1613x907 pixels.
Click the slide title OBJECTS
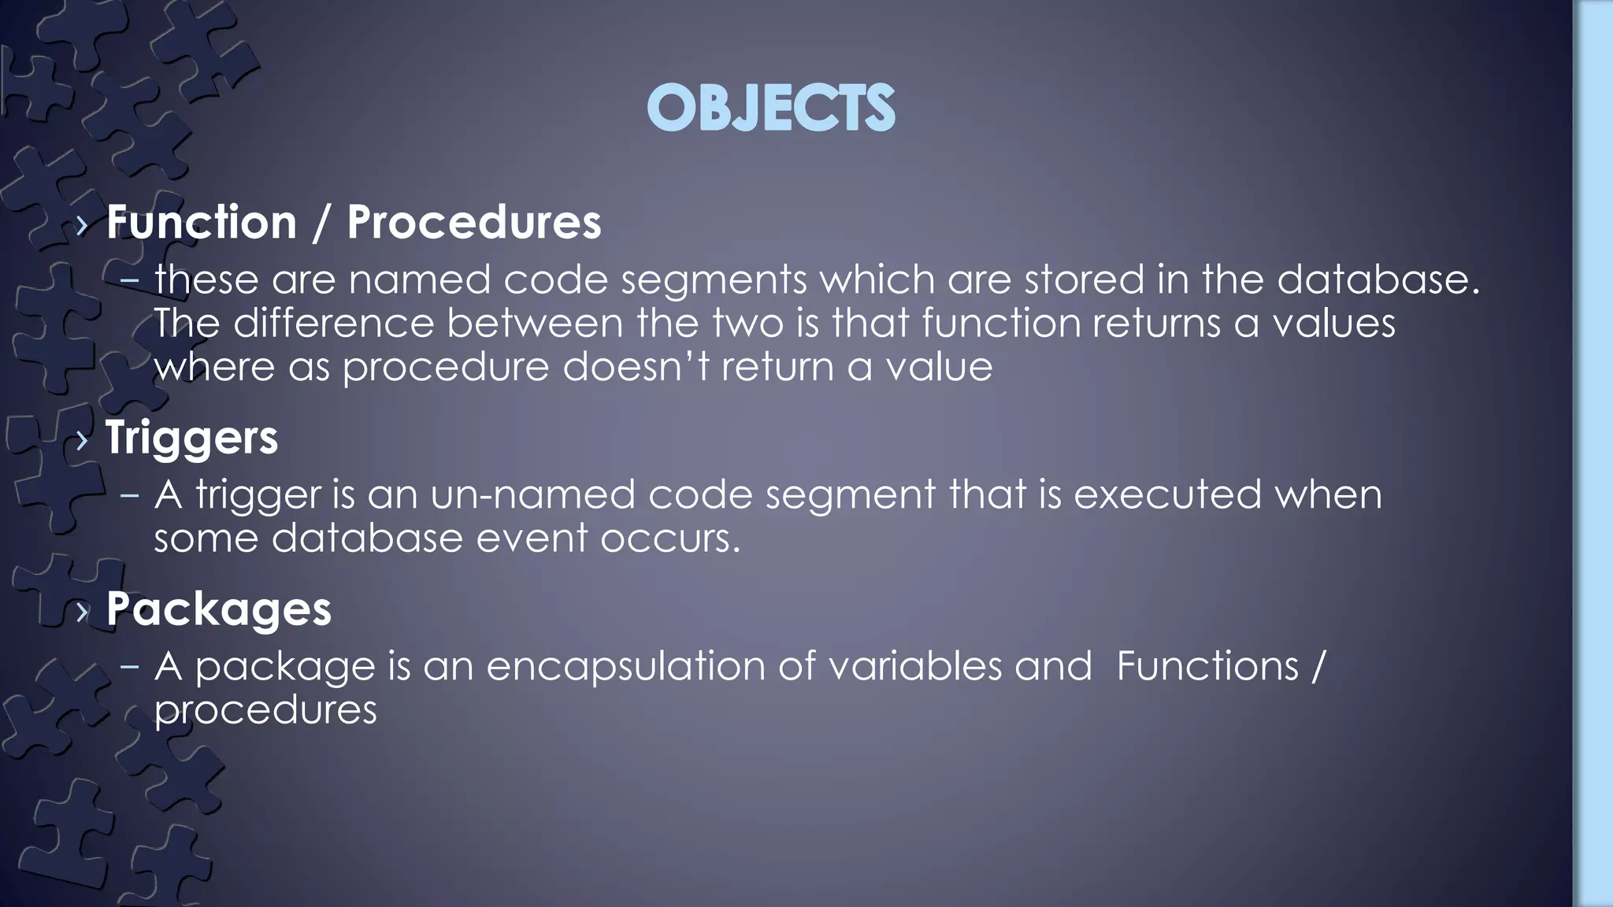pyautogui.click(x=770, y=108)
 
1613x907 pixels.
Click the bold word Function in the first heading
pyautogui.click(x=201, y=223)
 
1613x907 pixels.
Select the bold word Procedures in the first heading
pyautogui.click(x=473, y=223)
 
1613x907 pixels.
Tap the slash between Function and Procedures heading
pyautogui.click(x=321, y=223)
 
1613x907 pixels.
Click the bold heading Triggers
pyautogui.click(x=191, y=438)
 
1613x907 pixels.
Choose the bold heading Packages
pyautogui.click(x=218, y=609)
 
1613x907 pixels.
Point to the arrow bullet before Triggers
pyautogui.click(x=83, y=440)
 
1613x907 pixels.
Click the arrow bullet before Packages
pyautogui.click(x=83, y=612)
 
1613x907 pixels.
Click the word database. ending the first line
pyautogui.click(x=1378, y=280)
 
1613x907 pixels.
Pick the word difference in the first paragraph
pyautogui.click(x=333, y=324)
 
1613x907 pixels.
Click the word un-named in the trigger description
pyautogui.click(x=532, y=495)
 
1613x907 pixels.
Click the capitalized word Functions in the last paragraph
pyautogui.click(x=1207, y=667)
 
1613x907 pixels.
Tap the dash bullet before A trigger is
pyautogui.click(x=130, y=495)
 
